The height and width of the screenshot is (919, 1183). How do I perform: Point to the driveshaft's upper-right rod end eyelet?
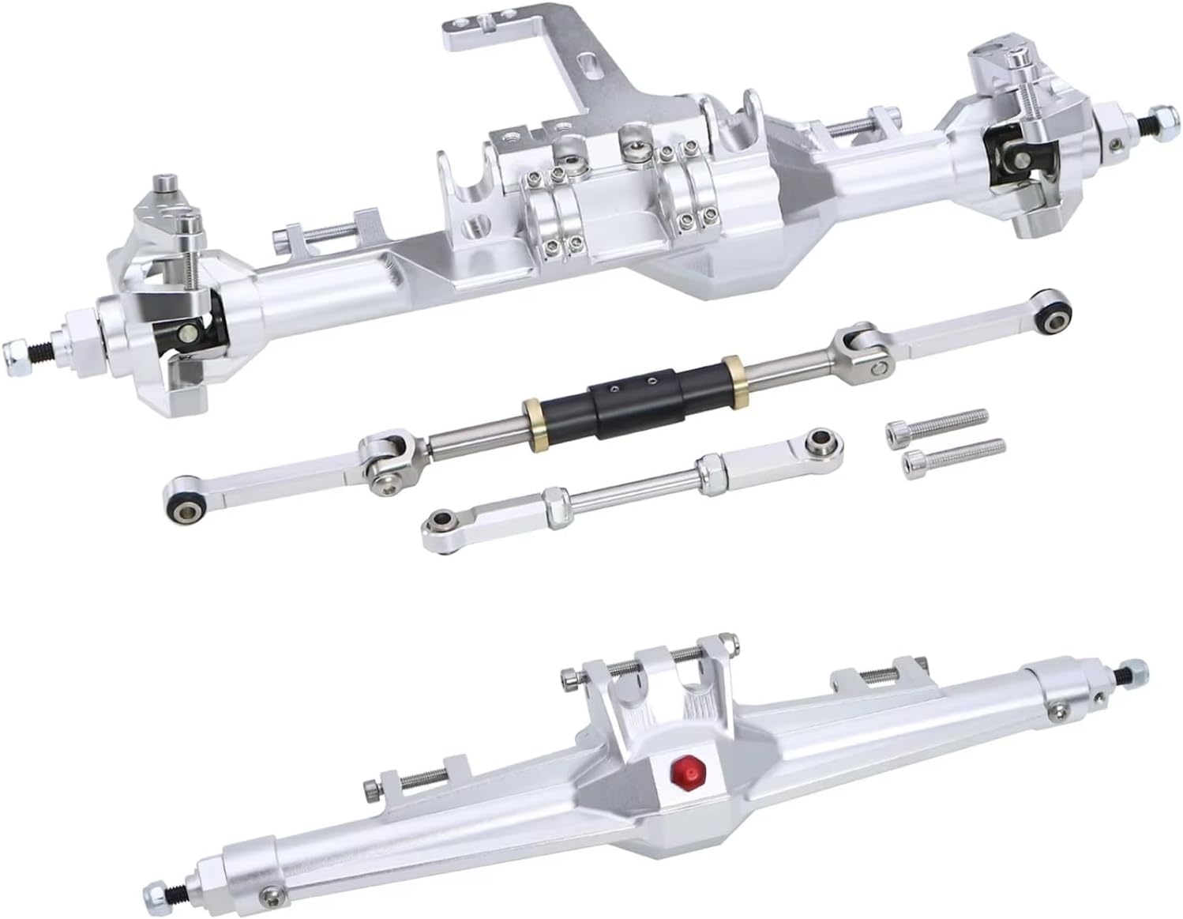(1054, 318)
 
